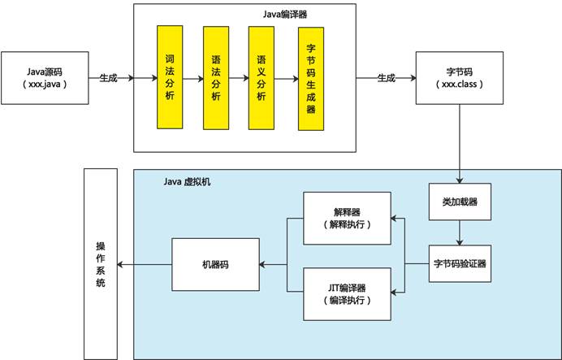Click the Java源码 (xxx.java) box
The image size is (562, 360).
coord(45,78)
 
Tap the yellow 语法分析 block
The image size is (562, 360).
coord(216,77)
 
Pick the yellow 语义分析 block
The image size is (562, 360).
coord(262,77)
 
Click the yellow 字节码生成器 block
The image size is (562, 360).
coord(311,77)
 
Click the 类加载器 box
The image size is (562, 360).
coord(460,201)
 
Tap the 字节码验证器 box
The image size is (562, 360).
coord(460,263)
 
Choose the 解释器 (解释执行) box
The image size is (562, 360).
coord(347,218)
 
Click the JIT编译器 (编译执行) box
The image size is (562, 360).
coord(347,293)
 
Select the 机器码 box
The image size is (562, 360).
coord(214,264)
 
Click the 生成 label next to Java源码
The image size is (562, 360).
coord(108,78)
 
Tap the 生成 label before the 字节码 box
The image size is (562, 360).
coord(386,78)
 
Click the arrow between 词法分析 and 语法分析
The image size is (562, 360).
coord(193,79)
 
